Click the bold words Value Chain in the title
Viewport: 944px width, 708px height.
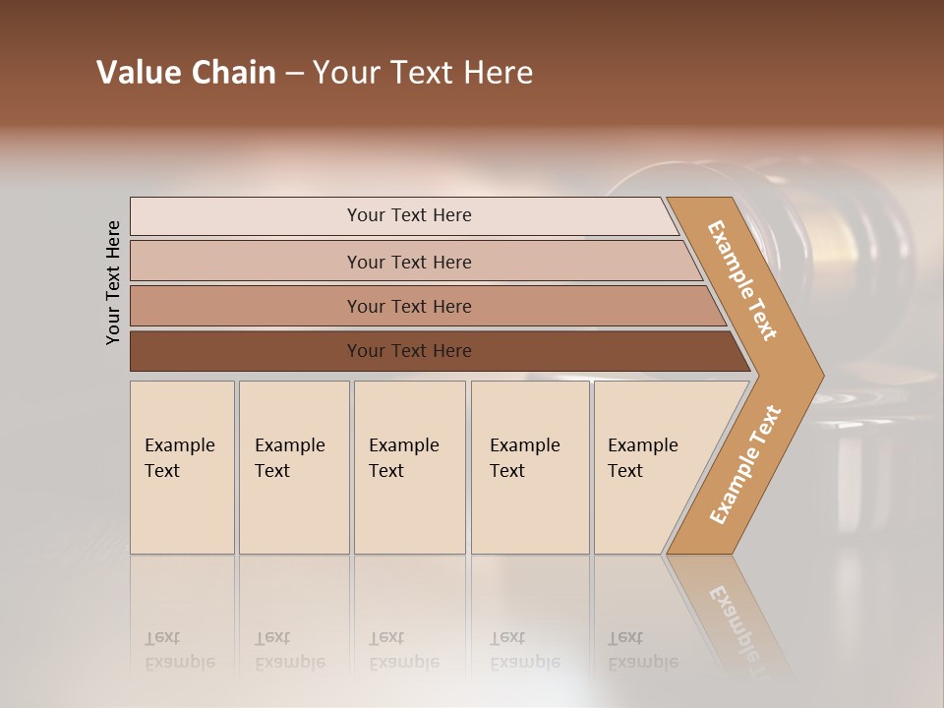186,73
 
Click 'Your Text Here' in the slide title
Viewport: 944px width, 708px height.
423,73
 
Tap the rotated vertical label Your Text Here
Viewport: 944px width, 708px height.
114,283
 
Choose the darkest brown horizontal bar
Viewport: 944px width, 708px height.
246,351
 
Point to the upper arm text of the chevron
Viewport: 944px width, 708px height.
742,280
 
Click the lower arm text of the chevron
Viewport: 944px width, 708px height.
745,464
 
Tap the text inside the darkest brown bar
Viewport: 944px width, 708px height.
409,351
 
